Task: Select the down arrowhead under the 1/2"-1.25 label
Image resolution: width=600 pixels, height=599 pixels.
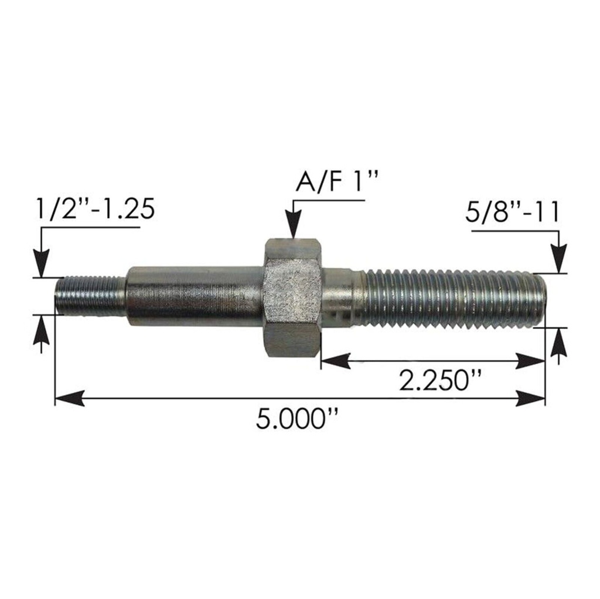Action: coord(41,263)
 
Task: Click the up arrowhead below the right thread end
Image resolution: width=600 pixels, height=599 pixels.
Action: coord(560,342)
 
